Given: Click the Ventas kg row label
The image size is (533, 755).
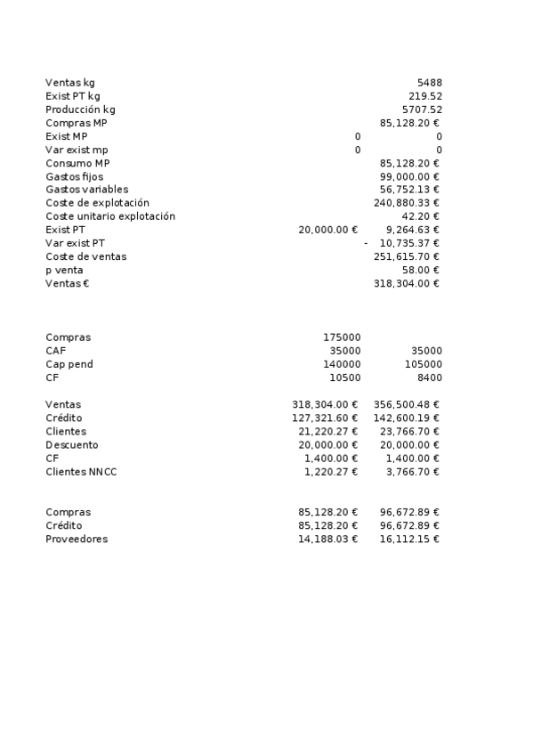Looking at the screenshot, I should (70, 83).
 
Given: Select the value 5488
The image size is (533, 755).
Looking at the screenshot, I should (429, 83).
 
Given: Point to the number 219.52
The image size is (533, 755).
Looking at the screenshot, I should (425, 96).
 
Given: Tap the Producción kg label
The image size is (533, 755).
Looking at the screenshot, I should (80, 110).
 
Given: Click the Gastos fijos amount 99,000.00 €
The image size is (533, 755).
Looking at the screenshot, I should (409, 176).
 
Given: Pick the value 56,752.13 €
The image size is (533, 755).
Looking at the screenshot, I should (409, 190).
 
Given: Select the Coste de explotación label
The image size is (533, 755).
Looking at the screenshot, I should (97, 203).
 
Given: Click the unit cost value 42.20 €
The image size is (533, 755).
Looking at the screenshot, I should (421, 216).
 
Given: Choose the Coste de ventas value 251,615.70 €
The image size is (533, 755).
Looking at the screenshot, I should (407, 256).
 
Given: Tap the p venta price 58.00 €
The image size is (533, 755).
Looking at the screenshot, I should (421, 270).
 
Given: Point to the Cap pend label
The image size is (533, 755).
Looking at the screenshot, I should (69, 364).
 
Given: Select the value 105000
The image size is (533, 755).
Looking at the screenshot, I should (424, 364).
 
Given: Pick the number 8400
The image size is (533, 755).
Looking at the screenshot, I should (428, 377).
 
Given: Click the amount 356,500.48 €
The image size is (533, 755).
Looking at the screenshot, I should (407, 404).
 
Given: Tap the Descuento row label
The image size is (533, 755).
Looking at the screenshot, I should (72, 444).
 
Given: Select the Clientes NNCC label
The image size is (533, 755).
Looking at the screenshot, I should (81, 471).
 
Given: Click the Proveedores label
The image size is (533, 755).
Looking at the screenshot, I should (77, 539).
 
